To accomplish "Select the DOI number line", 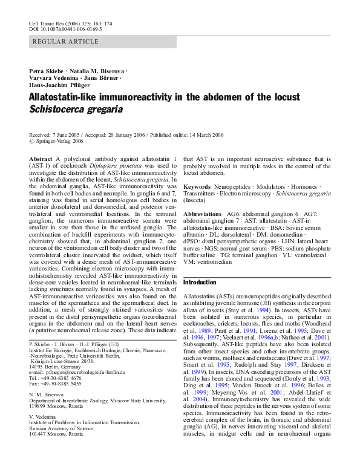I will tap(65, 28).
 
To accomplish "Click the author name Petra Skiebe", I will tap(46, 71).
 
